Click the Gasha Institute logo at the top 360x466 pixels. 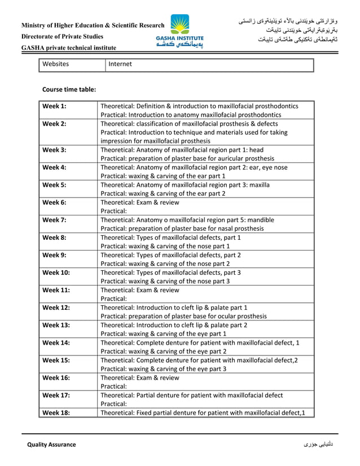coord(180,32)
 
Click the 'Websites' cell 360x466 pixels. coord(55,64)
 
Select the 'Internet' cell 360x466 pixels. coord(120,64)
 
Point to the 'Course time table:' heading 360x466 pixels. coord(69,89)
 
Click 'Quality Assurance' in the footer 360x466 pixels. coord(51,445)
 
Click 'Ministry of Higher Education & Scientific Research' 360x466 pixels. coord(93,25)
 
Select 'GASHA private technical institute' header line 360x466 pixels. coord(69,48)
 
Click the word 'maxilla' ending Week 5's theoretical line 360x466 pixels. coord(258,184)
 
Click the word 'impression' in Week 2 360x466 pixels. coord(118,141)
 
